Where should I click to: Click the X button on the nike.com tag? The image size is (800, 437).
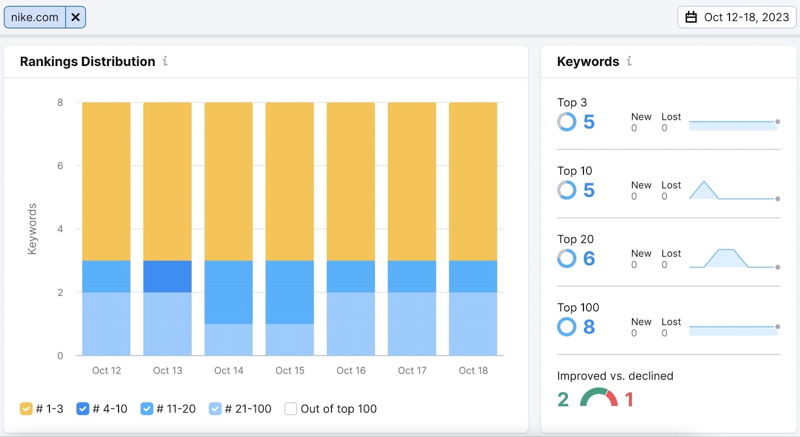click(x=75, y=17)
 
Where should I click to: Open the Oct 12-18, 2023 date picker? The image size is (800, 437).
click(x=736, y=17)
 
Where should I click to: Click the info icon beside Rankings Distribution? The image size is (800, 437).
click(x=165, y=61)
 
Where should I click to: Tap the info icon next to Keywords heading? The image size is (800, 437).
click(x=629, y=61)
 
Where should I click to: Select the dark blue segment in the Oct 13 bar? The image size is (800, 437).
click(x=167, y=276)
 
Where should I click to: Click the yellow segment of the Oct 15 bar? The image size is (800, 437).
click(x=289, y=181)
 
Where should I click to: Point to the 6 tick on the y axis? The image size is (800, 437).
click(x=60, y=165)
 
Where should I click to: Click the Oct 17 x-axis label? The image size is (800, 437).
click(x=412, y=370)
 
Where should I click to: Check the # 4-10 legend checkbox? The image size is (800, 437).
click(x=82, y=409)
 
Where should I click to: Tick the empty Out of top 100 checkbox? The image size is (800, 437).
click(x=291, y=409)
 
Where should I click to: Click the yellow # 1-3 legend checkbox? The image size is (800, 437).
click(x=26, y=409)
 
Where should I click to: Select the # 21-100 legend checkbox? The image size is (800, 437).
click(x=215, y=409)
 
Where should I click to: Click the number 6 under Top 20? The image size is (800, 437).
click(x=589, y=258)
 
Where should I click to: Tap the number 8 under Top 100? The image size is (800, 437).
click(x=589, y=327)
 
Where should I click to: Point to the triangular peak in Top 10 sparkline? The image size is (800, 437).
click(x=704, y=183)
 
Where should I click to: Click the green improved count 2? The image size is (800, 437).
click(x=563, y=399)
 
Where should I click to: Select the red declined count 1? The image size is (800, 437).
click(x=629, y=399)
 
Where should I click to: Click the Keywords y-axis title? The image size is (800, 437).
click(x=32, y=229)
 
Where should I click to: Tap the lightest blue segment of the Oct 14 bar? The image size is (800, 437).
click(x=228, y=339)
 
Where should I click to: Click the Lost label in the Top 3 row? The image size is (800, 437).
click(x=671, y=116)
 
